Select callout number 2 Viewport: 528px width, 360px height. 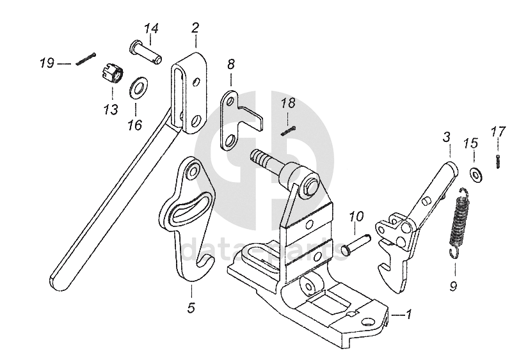(195, 27)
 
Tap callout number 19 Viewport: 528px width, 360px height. (47, 63)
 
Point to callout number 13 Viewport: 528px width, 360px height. (111, 109)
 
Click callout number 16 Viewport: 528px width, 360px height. (134, 125)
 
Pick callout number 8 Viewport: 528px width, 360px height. (230, 63)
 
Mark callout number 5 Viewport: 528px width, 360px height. (191, 308)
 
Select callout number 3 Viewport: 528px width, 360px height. (446, 137)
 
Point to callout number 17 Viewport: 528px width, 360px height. (498, 132)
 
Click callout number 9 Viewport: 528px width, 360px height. (453, 286)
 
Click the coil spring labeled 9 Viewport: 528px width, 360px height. (459, 221)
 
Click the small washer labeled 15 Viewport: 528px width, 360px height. (475, 173)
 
